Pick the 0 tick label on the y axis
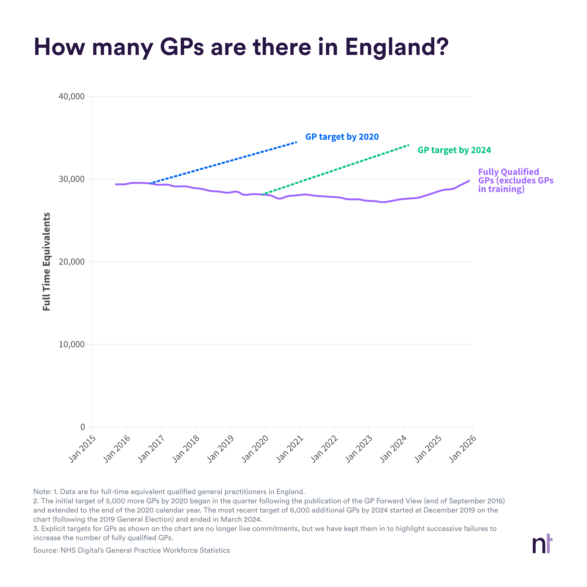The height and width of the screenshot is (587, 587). [x=83, y=427]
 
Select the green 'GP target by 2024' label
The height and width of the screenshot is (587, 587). [x=454, y=150]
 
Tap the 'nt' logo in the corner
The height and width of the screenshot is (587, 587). [x=542, y=545]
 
